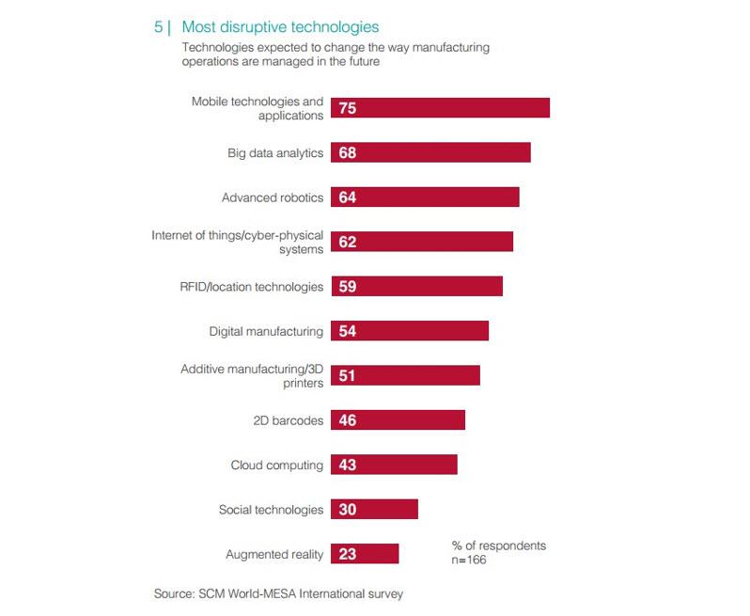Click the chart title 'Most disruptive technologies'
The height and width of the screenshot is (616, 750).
click(280, 27)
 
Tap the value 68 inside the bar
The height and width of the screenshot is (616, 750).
click(348, 153)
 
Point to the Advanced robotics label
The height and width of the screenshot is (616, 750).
click(273, 197)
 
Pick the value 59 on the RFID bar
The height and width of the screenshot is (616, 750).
click(348, 287)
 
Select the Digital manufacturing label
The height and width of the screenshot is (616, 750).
click(266, 331)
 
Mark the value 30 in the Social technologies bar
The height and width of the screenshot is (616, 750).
click(348, 510)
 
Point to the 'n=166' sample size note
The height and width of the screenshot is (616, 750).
click(469, 561)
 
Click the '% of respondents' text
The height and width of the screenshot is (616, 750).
click(498, 545)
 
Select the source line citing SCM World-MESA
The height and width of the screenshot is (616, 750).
click(283, 593)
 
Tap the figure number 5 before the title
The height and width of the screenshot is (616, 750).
click(158, 27)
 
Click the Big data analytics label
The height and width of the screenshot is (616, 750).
click(275, 153)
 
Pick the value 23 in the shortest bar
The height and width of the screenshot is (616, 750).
click(348, 554)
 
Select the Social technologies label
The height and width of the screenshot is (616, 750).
click(271, 510)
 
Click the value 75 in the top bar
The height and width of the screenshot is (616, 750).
click(348, 108)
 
